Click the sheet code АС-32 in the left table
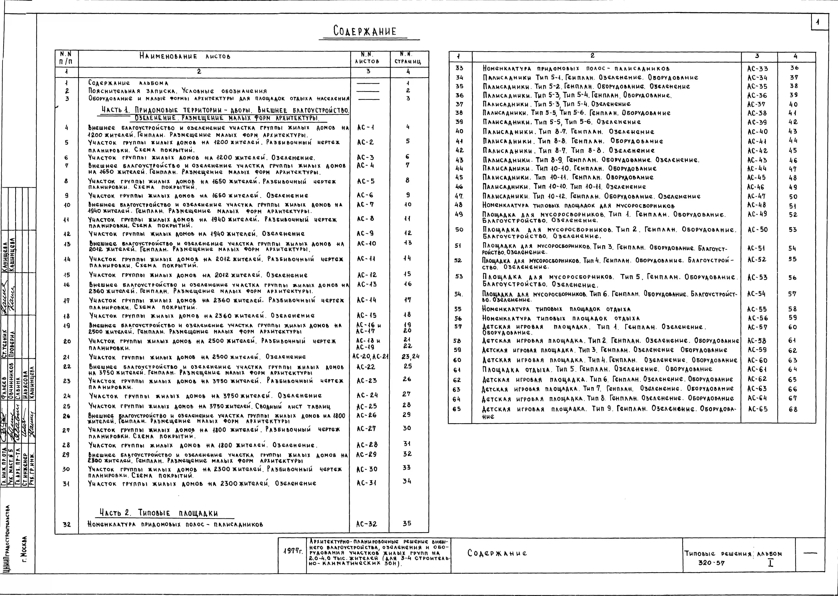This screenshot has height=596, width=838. click(x=366, y=524)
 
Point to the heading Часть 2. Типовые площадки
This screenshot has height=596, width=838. click(x=159, y=513)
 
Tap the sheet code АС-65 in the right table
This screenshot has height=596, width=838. click(x=758, y=409)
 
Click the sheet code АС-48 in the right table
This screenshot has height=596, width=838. click(x=757, y=205)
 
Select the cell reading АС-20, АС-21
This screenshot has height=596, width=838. click(x=371, y=356)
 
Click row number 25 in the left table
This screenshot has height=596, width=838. click(x=66, y=406)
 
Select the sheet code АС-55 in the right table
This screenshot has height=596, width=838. click(x=757, y=309)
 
